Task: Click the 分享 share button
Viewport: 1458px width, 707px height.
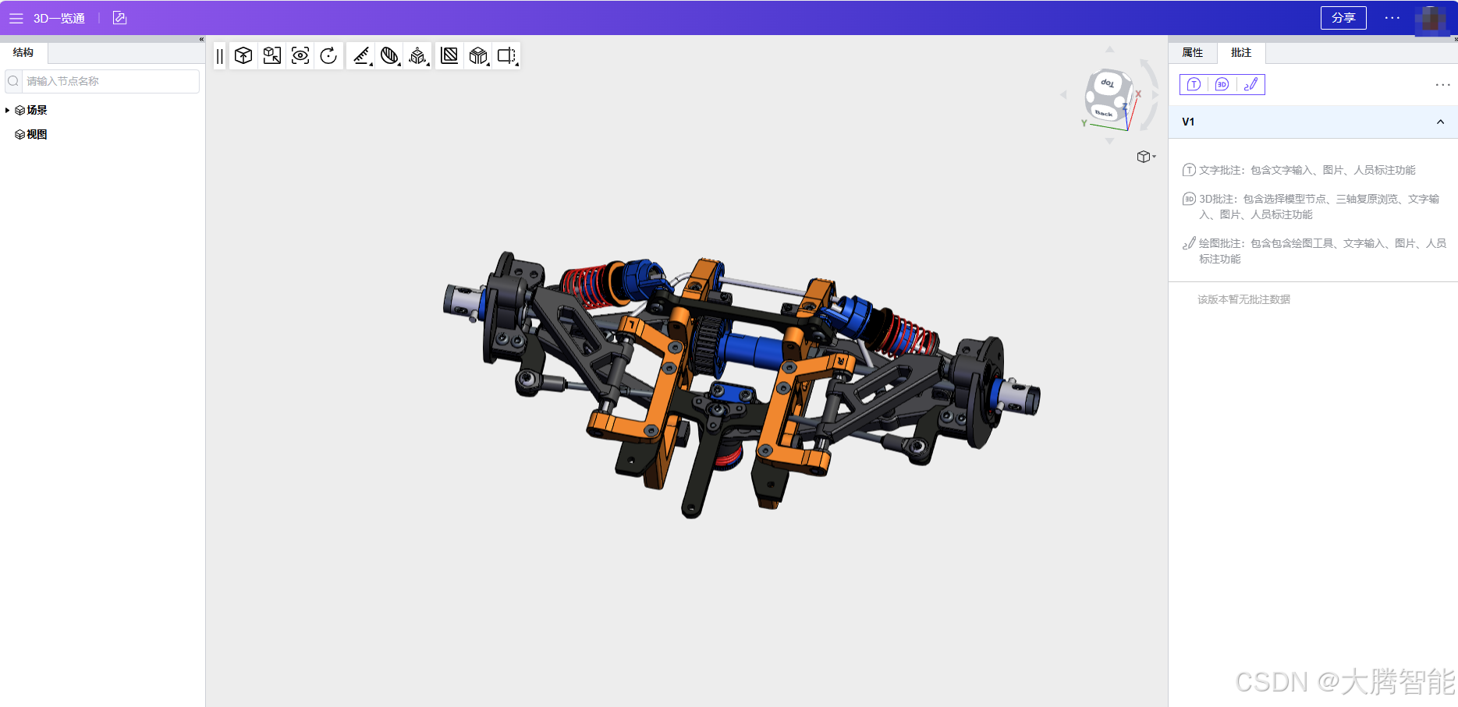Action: pos(1343,18)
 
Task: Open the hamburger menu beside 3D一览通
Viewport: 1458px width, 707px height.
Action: pos(16,18)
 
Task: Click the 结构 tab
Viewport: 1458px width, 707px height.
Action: pos(23,52)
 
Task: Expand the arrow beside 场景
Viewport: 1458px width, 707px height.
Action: pos(7,110)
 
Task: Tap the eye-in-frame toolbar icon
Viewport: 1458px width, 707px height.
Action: pos(300,55)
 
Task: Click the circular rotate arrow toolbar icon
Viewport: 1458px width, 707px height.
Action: pos(328,55)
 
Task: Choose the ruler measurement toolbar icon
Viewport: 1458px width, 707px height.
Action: pos(361,55)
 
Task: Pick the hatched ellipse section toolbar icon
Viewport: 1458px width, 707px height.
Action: pos(389,55)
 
